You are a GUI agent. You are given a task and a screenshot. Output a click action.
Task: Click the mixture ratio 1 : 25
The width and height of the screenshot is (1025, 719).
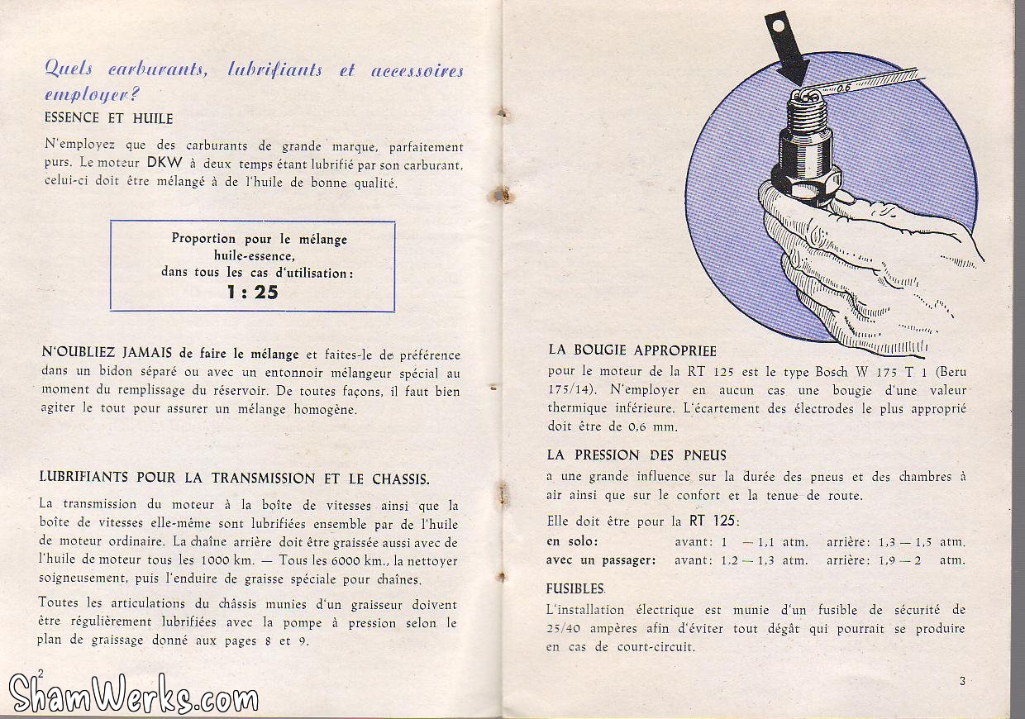point(252,292)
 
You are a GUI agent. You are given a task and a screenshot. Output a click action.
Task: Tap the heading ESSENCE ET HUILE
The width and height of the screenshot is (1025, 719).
point(108,118)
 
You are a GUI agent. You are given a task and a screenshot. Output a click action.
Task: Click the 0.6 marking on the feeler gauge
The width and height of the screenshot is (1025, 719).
point(845,86)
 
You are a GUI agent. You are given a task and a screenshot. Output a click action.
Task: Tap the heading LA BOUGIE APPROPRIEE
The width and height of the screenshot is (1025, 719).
point(632,350)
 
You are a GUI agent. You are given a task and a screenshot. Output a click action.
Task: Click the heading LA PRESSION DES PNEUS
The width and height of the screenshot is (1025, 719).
point(636,455)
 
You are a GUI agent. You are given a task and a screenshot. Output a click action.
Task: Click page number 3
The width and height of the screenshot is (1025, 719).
point(963,681)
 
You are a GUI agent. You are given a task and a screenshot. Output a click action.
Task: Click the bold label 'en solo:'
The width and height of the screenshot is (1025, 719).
point(572,542)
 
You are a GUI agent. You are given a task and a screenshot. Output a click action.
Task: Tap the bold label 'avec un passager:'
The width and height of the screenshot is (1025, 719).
point(601,560)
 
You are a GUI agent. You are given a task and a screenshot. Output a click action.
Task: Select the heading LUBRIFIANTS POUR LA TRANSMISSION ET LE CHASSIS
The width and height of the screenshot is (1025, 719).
point(235,478)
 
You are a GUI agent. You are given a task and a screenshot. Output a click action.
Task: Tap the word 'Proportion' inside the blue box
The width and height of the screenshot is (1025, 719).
point(203,239)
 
